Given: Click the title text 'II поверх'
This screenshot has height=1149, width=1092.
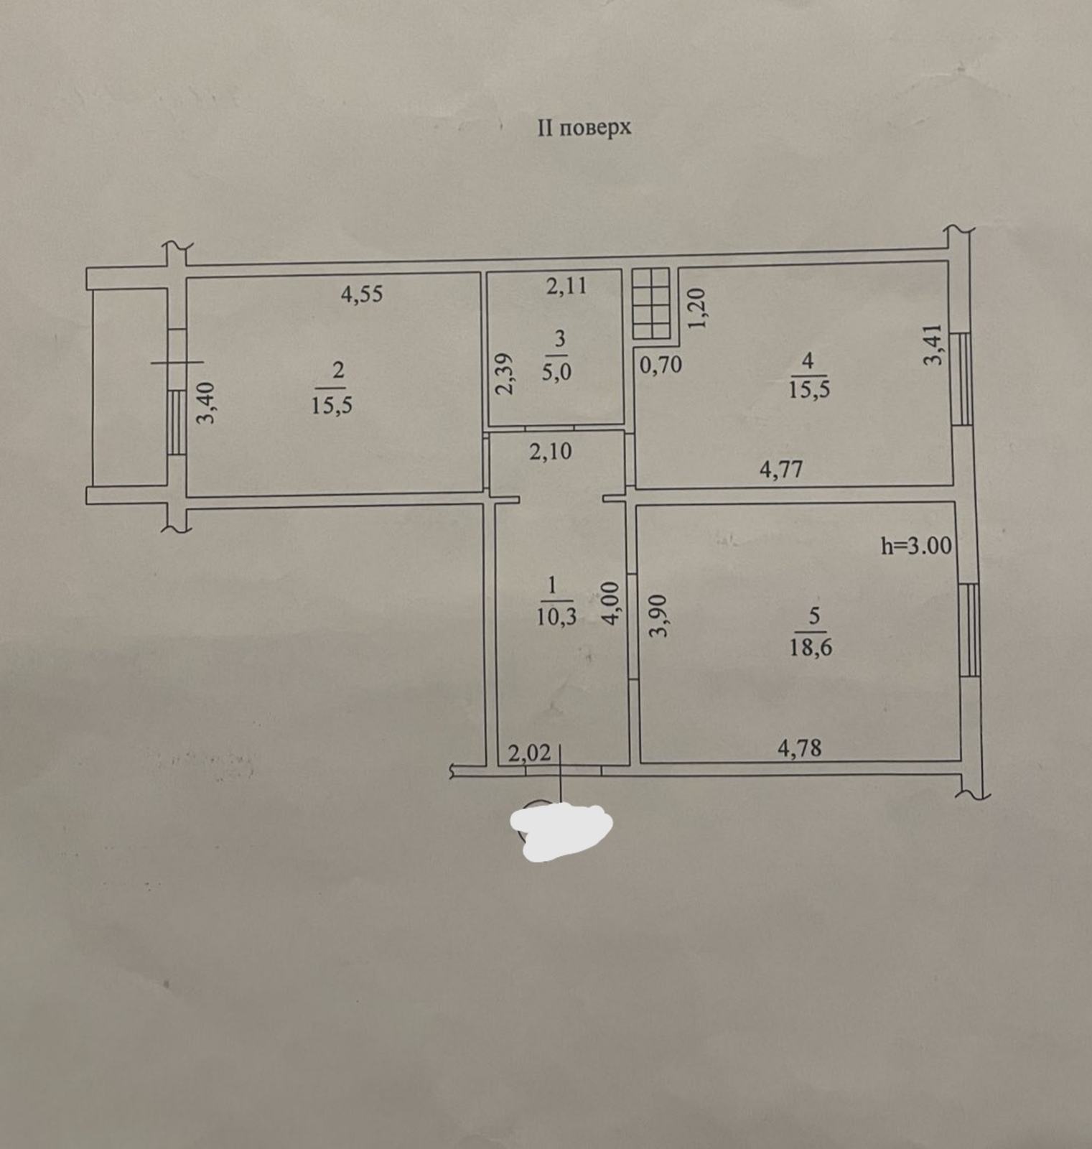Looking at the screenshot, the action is [x=584, y=128].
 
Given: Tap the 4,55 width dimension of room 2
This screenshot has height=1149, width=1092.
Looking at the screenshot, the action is [x=362, y=294].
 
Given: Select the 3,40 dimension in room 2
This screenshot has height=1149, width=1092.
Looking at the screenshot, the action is [x=206, y=404].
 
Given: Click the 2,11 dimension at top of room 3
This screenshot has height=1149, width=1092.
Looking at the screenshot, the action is [x=566, y=286].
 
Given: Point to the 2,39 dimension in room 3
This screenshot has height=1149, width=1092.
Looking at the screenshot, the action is [x=505, y=373].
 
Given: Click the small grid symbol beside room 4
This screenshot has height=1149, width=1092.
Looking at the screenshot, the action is [x=651, y=303].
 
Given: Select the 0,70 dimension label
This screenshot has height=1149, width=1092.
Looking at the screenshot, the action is [x=661, y=366].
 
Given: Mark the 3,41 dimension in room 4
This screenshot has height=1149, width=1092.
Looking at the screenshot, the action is [x=932, y=345].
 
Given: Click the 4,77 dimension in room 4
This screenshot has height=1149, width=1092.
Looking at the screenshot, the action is [x=781, y=470].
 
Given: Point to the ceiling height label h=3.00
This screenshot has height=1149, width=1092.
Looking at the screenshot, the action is [x=916, y=546].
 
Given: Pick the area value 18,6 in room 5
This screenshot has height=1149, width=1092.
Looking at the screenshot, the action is [x=811, y=648].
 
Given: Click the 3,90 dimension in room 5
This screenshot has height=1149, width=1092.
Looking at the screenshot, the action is [x=658, y=615].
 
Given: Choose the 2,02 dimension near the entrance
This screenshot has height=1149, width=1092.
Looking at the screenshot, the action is [x=529, y=753].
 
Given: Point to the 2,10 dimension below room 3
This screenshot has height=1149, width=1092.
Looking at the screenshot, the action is [x=551, y=452].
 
